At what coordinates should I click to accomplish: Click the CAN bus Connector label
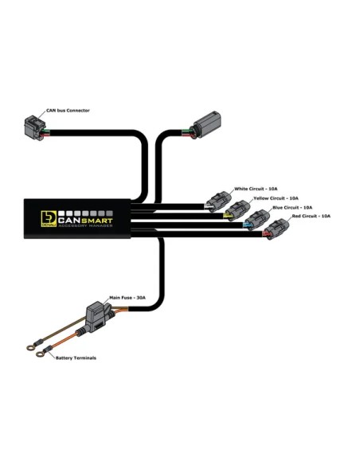tap(68, 111)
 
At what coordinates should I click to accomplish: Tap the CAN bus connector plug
tap(33, 127)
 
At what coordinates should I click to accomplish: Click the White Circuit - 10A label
tap(256, 189)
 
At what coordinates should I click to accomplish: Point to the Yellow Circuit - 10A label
tap(276, 198)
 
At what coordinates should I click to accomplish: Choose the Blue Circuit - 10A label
tap(292, 207)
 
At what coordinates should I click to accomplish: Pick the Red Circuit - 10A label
tap(311, 216)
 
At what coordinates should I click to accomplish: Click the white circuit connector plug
tap(219, 201)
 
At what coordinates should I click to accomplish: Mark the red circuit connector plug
tap(276, 229)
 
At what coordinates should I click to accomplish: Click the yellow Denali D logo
tap(49, 219)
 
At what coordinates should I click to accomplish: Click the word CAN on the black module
tap(69, 221)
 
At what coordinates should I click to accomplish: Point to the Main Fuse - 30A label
tap(127, 298)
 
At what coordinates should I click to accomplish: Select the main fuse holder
tap(96, 316)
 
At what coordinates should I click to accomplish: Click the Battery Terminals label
tap(76, 358)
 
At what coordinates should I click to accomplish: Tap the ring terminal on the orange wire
tap(40, 354)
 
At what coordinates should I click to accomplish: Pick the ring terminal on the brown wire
tap(30, 347)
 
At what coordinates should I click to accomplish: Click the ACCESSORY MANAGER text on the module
tap(85, 226)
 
